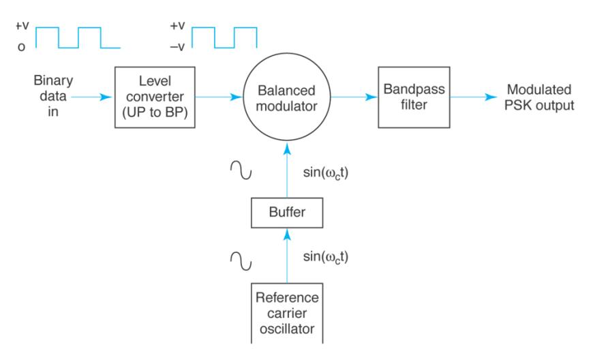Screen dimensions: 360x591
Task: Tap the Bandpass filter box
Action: (410, 98)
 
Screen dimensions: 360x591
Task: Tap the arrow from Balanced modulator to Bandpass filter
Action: (354, 98)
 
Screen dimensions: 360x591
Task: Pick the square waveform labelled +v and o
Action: (77, 37)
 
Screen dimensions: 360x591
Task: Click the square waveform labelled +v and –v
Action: (223, 37)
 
